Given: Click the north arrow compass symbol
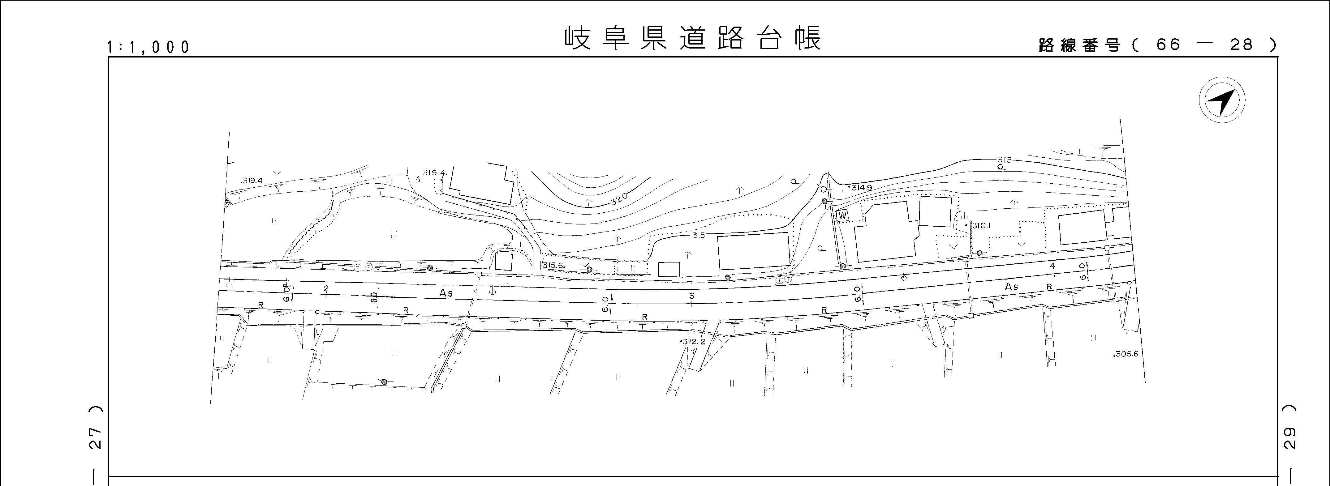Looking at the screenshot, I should click(1222, 100).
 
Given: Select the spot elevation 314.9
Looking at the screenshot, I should click(861, 187).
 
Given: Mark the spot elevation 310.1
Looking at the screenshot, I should click(980, 225).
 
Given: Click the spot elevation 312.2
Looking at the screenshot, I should click(693, 342).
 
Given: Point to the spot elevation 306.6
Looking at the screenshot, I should click(1126, 354).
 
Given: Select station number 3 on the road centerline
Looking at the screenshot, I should click(691, 296).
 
